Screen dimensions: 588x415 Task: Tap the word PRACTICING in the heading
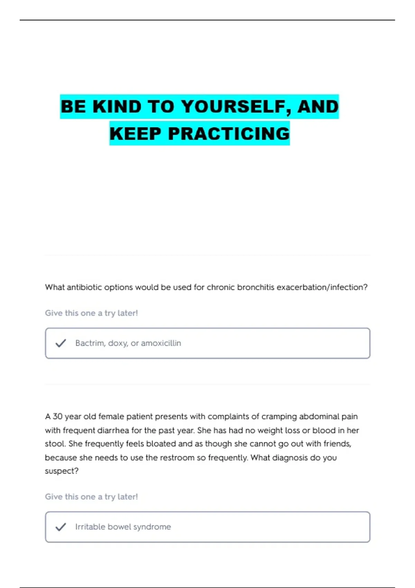tap(229, 134)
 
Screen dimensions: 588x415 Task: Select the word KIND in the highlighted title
tap(117, 107)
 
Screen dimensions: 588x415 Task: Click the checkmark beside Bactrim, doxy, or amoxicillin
tap(61, 343)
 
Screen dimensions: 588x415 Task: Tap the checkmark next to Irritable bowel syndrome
tap(61, 527)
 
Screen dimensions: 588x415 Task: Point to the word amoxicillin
tap(161, 343)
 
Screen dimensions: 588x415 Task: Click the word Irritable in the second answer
tap(90, 527)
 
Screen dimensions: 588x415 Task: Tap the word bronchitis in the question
tap(256, 287)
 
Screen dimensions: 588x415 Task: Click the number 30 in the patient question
tap(57, 416)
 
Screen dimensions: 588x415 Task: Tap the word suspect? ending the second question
tap(62, 471)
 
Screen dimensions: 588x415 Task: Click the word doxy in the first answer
tap(118, 343)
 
